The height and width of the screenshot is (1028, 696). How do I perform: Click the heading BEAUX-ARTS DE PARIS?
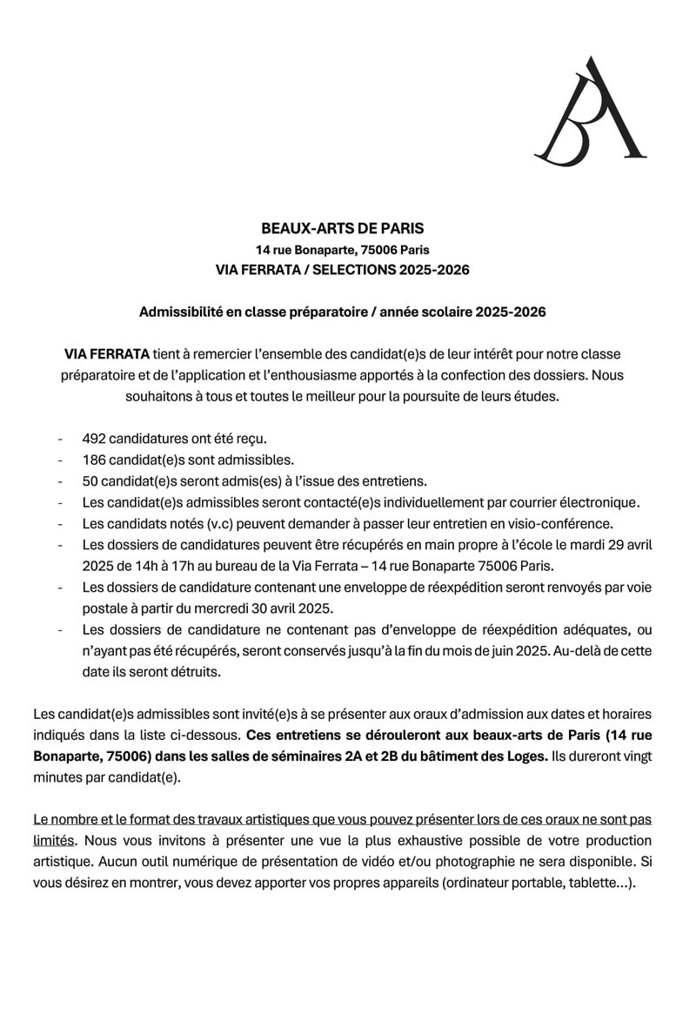click(342, 229)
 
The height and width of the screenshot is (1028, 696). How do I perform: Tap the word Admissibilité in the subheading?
click(179, 311)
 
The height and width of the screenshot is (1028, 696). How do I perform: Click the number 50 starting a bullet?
click(90, 481)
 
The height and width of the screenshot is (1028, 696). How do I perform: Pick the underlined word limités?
click(54, 840)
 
